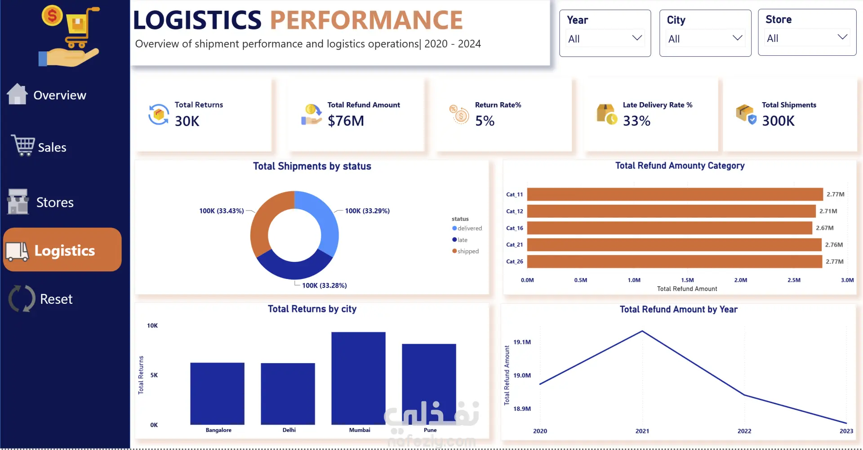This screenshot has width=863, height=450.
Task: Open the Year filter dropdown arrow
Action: tap(637, 38)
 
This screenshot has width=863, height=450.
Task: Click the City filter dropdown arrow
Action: tap(737, 38)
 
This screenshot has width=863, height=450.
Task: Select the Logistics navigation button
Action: tap(62, 250)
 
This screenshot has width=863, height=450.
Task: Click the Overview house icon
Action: tap(17, 94)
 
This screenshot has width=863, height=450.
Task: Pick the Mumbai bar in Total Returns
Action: tap(358, 378)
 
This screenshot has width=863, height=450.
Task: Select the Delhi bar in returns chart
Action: tap(288, 394)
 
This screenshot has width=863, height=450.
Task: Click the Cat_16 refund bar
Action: tap(670, 228)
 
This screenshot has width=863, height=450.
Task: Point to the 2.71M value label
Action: tap(828, 211)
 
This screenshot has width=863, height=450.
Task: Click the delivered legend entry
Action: tap(467, 228)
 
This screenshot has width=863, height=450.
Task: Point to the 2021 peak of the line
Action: tap(642, 331)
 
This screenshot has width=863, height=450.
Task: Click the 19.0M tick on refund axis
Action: tap(522, 375)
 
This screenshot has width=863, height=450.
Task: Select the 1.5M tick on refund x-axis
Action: tap(687, 280)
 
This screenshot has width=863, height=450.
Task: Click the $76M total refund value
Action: tap(346, 121)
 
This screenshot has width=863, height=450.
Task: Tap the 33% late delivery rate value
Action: tap(636, 121)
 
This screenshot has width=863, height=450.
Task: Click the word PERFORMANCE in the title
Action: tap(366, 20)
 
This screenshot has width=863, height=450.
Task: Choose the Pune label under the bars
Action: tap(430, 430)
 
